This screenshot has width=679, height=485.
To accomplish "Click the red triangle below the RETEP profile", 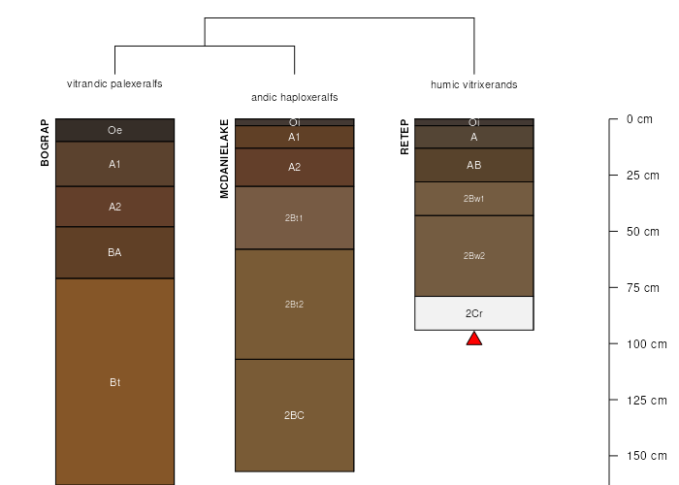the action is coord(474,339).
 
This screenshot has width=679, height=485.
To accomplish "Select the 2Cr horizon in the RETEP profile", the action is coord(474,313).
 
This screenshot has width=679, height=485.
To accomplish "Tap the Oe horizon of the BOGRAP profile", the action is coord(114,130).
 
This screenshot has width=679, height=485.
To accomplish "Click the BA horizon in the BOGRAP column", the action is coord(114,252).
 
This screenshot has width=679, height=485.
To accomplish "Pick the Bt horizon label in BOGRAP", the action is coord(114,382).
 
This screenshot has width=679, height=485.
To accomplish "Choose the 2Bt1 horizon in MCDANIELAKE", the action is coord(295,218).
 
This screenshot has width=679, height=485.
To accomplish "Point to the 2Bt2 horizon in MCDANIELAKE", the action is coord(295,305).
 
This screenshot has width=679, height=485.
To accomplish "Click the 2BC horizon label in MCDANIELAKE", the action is coord(295,415).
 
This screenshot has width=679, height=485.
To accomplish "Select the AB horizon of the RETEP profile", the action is coord(474,165).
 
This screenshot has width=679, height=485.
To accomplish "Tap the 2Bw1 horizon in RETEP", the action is coord(474,199).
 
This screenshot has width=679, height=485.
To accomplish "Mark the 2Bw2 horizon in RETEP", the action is coord(474,256).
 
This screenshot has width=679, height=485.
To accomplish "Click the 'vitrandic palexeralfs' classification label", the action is coord(114,83).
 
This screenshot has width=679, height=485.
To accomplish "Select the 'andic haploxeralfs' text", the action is coord(295,97).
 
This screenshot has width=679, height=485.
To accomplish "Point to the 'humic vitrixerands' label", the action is coord(474,84).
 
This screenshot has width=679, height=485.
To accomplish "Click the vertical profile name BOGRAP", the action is coord(45,143).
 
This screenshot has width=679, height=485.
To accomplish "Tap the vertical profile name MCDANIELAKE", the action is coord(224,159).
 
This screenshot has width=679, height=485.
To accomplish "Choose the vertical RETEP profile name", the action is coord(404,137).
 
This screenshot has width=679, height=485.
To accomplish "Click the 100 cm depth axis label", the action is coord(647,344).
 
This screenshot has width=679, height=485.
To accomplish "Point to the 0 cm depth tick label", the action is coord(639,119).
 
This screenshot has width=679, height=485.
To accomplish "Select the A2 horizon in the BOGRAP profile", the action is coord(114,207).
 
